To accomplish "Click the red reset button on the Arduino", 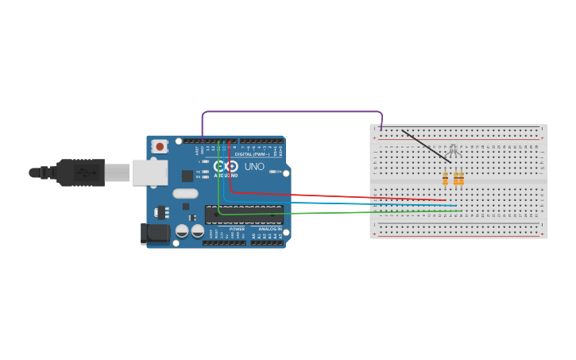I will click(x=160, y=146).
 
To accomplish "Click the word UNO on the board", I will click(x=254, y=167).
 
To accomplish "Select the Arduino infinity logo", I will click(x=226, y=167).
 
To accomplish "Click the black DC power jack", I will click(x=156, y=233).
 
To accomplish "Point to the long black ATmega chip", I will click(x=244, y=215).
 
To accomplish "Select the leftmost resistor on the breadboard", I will click(x=445, y=179).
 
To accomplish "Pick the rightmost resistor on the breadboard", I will click(x=461, y=179).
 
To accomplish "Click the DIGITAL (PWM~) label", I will click(x=249, y=154).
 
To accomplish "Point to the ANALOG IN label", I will click(x=270, y=229).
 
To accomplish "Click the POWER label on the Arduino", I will click(x=237, y=229).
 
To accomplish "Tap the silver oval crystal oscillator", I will click(x=185, y=193).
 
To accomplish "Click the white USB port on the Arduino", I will click(x=149, y=172).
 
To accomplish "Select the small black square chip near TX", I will click(x=187, y=176).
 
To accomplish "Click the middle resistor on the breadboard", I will click(x=456, y=179).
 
